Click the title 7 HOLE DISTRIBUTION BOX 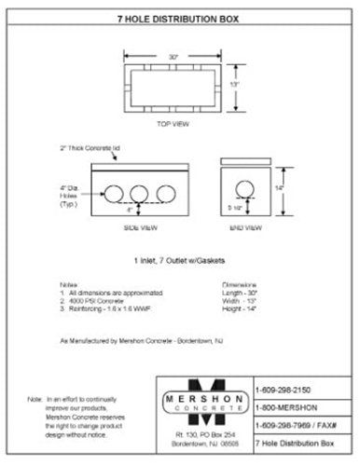pyautogui.click(x=179, y=18)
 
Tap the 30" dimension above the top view pyautogui.click(x=173, y=56)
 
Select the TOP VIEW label pyautogui.click(x=173, y=123)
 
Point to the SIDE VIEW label pyautogui.click(x=139, y=226)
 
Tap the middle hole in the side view pyautogui.click(x=140, y=193)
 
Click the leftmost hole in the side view pyautogui.click(x=114, y=193)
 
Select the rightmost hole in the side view pyautogui.click(x=166, y=193)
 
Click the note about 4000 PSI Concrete pyautogui.click(x=96, y=301)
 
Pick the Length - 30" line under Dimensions pyautogui.click(x=242, y=294)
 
